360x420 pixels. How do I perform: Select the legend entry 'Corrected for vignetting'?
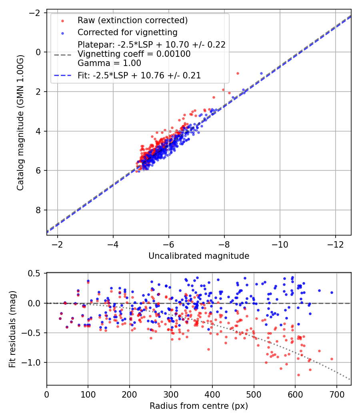point(127,32)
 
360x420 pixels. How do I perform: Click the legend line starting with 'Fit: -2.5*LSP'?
point(139,75)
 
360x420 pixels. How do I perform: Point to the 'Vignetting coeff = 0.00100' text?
point(134,54)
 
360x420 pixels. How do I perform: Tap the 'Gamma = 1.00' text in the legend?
point(109,63)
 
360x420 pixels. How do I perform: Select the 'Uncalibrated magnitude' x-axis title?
point(199,256)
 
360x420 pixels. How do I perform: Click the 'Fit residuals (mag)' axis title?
point(12,329)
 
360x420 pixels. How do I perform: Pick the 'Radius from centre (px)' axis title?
point(199,406)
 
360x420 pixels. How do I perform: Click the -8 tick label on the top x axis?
point(224,244)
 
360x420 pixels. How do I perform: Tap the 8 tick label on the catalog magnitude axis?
point(39,210)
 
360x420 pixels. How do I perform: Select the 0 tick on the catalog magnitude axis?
point(39,52)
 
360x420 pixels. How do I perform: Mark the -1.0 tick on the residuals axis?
point(33,362)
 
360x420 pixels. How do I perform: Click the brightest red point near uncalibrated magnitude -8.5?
point(238,74)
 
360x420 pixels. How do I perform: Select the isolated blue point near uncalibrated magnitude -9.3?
point(262,74)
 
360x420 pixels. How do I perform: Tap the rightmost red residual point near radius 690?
point(332,359)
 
